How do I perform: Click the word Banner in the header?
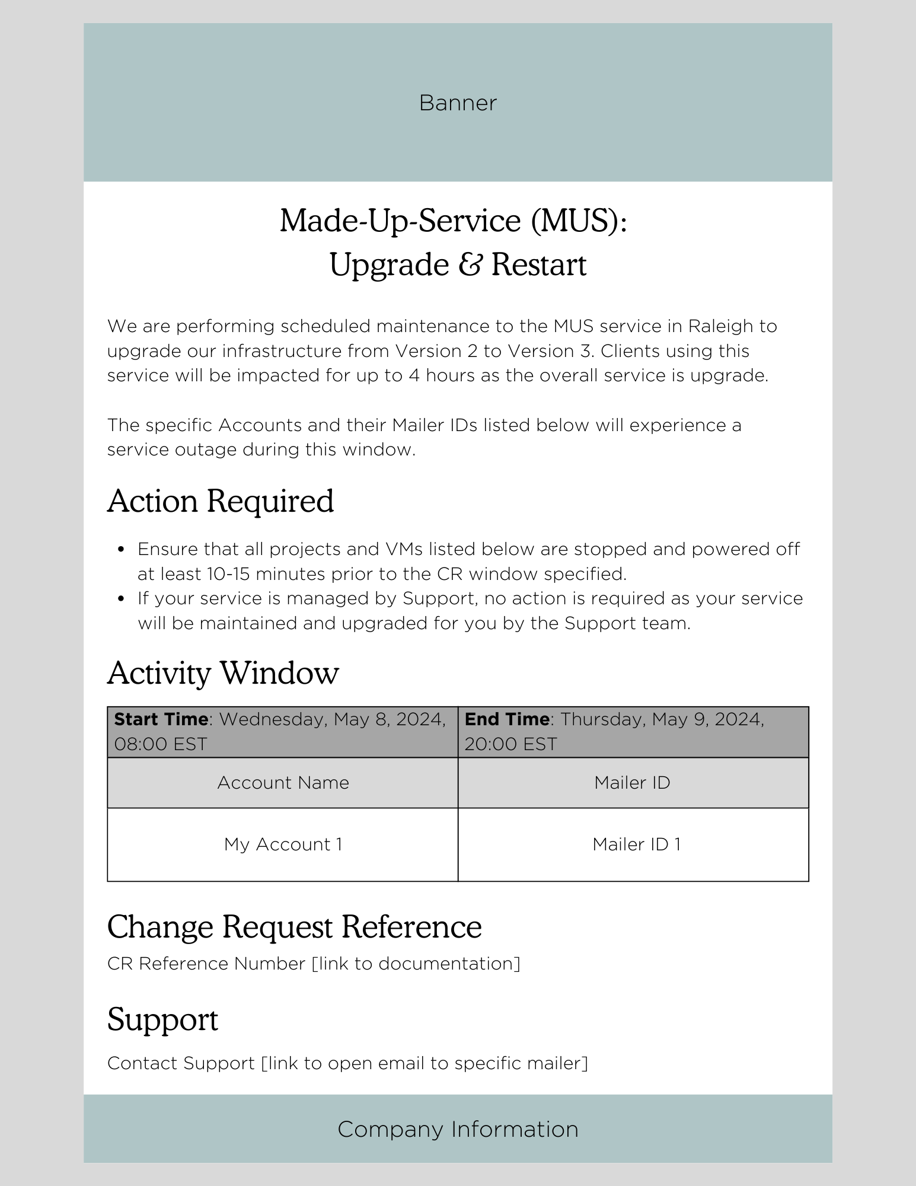[x=458, y=103]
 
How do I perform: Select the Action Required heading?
[x=221, y=501]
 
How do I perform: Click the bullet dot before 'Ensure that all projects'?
[x=122, y=550]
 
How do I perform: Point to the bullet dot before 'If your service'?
[x=122, y=599]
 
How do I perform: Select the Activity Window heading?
[x=223, y=673]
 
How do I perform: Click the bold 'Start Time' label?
[x=161, y=719]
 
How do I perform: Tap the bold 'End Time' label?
[x=507, y=719]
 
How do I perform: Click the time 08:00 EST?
[x=161, y=744]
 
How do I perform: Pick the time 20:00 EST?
[x=511, y=744]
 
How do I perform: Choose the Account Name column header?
[x=283, y=783]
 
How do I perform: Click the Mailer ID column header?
[x=633, y=783]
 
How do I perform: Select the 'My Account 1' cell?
[x=283, y=844]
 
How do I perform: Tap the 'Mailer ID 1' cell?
[x=636, y=844]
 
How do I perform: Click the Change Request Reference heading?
[x=294, y=927]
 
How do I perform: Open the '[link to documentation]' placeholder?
[x=416, y=964]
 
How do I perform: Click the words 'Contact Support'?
[x=181, y=1063]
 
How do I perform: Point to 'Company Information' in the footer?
[x=458, y=1130]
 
